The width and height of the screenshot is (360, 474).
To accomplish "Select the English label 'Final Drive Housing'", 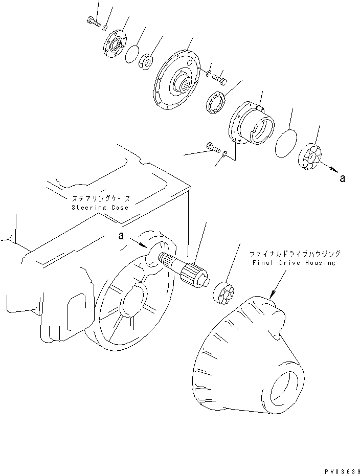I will pyautogui.click(x=294, y=262).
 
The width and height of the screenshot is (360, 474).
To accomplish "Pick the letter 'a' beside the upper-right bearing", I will pyautogui.click(x=342, y=178).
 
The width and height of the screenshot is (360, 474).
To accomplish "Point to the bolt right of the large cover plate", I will pyautogui.click(x=220, y=79).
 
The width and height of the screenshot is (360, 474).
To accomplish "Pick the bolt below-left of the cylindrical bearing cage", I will pyautogui.click(x=212, y=148).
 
